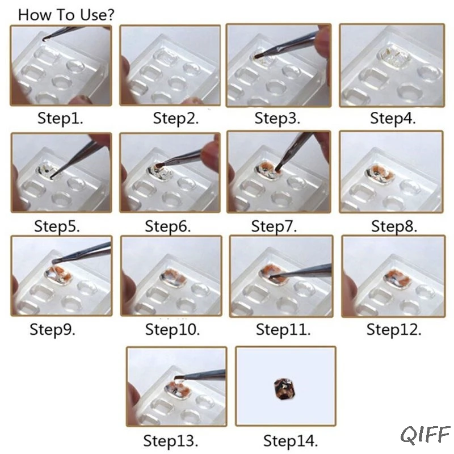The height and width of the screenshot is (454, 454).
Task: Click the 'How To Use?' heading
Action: (x=66, y=15)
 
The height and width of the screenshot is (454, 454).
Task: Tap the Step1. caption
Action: (x=60, y=118)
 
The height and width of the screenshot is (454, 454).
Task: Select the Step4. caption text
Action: (x=393, y=118)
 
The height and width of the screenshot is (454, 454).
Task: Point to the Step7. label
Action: (x=274, y=226)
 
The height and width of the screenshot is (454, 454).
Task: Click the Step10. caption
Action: (x=173, y=330)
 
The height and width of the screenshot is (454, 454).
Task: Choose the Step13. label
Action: (x=171, y=441)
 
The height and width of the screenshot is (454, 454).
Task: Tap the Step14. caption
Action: (x=291, y=441)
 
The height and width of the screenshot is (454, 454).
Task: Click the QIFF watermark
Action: (x=425, y=435)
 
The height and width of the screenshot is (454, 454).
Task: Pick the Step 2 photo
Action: (x=170, y=65)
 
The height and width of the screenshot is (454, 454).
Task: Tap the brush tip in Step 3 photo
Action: (x=257, y=56)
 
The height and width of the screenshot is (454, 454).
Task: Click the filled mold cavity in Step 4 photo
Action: (x=394, y=56)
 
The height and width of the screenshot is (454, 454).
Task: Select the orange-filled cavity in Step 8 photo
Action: (x=380, y=174)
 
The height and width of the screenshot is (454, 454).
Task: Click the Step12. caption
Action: (x=394, y=330)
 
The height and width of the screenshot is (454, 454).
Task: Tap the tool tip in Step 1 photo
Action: (x=44, y=39)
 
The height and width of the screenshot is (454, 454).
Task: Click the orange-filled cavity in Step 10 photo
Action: (x=173, y=278)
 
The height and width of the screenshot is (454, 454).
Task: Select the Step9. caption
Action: (x=52, y=330)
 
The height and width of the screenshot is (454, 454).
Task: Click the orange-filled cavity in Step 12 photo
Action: (x=397, y=278)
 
